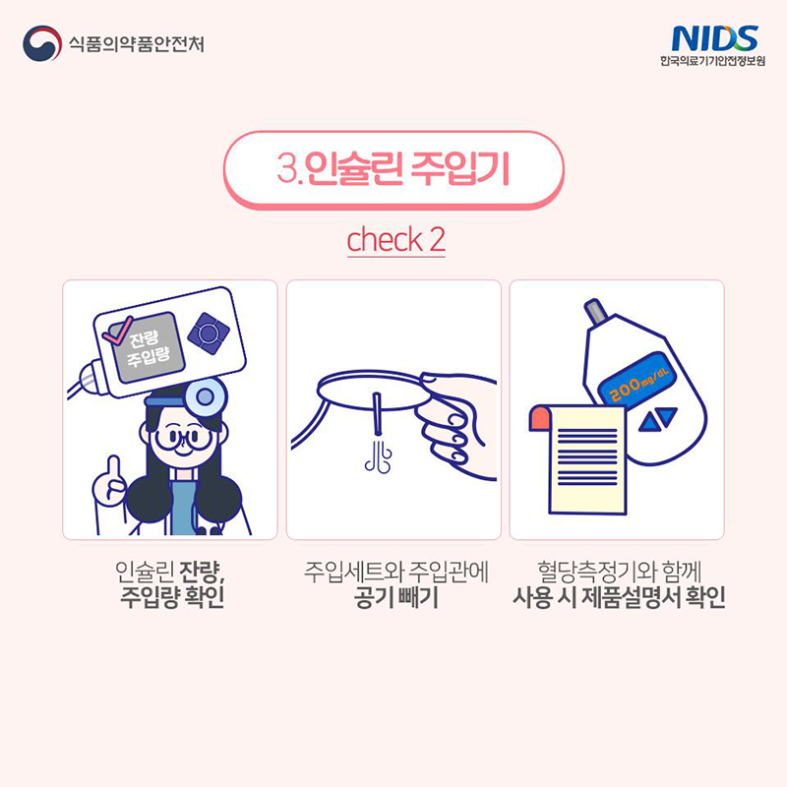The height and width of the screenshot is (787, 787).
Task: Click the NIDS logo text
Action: tap(714, 38)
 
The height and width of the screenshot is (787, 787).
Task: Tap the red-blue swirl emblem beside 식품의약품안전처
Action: tap(42, 43)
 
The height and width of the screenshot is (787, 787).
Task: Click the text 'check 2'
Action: tap(395, 239)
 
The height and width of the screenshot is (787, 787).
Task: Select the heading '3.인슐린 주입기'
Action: tap(393, 168)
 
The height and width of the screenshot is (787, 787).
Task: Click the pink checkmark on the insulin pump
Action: tap(117, 331)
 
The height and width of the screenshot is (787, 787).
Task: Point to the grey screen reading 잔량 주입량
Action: tap(146, 347)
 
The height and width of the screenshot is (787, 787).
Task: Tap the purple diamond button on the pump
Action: tap(209, 333)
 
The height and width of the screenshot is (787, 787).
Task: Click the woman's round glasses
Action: tap(183, 439)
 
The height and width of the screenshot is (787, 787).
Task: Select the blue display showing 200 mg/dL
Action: tap(636, 380)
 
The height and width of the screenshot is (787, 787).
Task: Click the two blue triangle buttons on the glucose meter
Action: tap(657, 419)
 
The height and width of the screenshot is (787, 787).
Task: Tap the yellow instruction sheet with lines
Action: tap(578, 458)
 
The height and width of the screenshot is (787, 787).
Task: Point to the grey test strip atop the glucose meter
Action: tap(596, 310)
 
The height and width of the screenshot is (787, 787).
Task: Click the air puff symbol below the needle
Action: tap(379, 456)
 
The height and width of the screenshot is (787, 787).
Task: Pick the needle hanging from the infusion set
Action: tap(378, 413)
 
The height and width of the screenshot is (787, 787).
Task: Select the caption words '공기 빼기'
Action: tap(395, 597)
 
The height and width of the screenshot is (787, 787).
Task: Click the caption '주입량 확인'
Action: tap(172, 597)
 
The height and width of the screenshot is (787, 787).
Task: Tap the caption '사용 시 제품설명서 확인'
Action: tap(619, 597)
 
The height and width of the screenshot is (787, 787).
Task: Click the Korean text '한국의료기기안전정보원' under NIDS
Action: tap(712, 61)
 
